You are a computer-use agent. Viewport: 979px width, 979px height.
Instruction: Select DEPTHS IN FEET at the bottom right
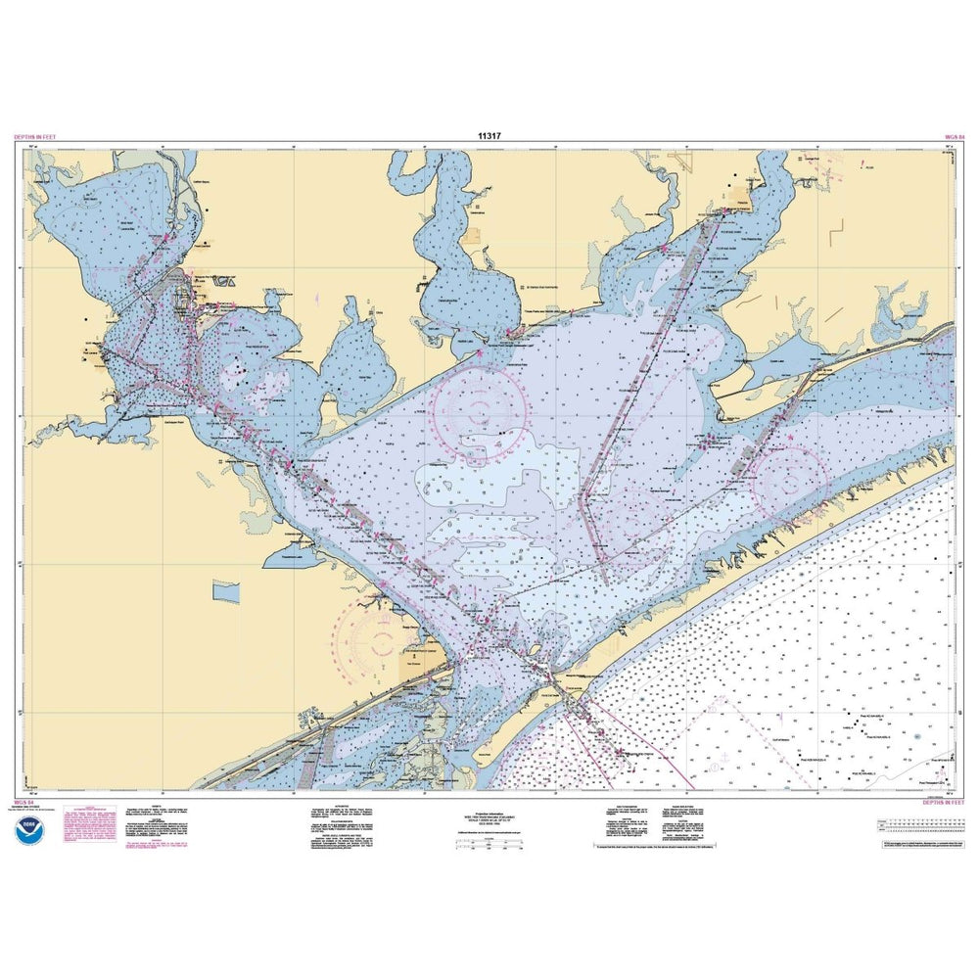[942, 801]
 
